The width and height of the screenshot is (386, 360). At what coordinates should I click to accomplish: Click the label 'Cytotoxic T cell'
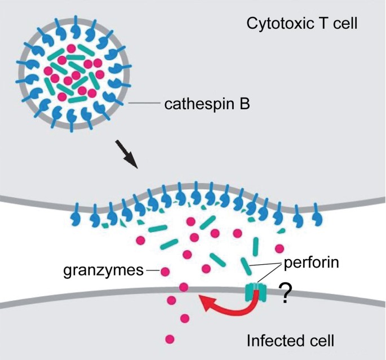point(302,24)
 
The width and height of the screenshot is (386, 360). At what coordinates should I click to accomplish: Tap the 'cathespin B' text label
point(207,104)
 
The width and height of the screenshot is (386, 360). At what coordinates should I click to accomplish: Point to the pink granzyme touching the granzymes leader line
point(166,272)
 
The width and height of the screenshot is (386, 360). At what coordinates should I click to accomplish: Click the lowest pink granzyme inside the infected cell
point(170,339)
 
